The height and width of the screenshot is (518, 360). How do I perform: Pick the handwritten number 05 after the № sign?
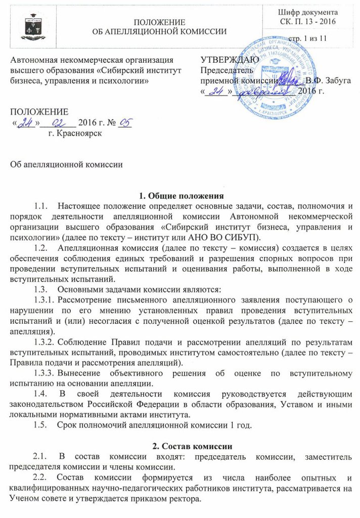tap(125, 122)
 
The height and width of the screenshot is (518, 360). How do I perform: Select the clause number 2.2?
tap(39, 478)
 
